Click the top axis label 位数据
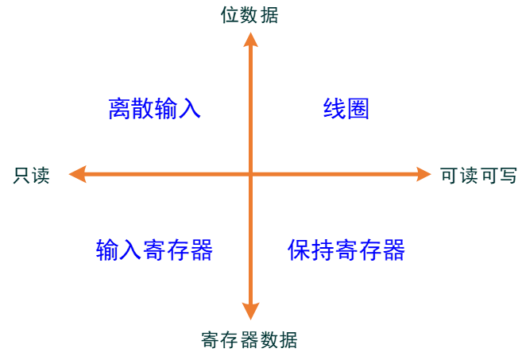249,15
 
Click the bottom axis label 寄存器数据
249,341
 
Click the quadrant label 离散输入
154,108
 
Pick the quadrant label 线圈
346,108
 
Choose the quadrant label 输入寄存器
154,250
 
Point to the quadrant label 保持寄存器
346,250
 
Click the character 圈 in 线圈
358,108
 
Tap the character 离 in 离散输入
119,108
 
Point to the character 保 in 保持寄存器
299,250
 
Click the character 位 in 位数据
230,15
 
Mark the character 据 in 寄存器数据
288,341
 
